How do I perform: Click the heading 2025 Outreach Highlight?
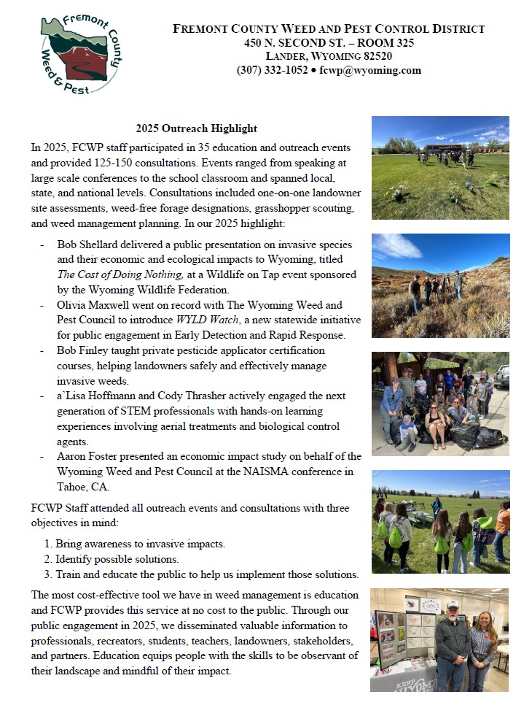[196, 128]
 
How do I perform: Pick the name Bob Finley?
[83, 350]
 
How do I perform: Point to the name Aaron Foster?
[89, 456]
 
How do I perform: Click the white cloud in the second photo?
[396, 246]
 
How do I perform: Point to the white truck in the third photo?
[501, 375]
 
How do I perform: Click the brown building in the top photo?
[445, 148]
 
